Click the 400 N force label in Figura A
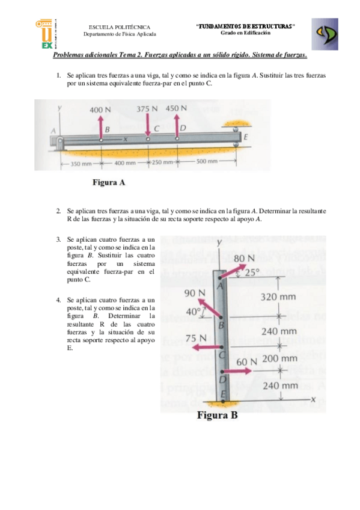point(100,110)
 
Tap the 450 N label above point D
point(176,108)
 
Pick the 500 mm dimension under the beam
point(206,162)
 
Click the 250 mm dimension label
point(162,163)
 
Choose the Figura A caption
point(108,183)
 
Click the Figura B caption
point(218,416)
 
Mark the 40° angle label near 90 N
point(193,312)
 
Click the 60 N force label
point(247,362)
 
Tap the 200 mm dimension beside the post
point(280,358)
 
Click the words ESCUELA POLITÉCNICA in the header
point(120,27)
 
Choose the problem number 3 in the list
point(58,239)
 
